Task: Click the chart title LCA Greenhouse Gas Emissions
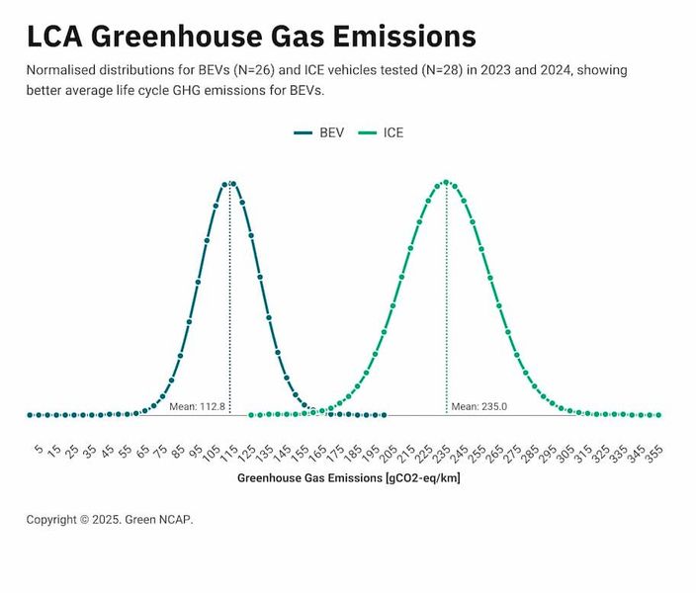pyautogui.click(x=251, y=37)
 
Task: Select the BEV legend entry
pyautogui.click(x=319, y=132)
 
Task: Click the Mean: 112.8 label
pyautogui.click(x=198, y=406)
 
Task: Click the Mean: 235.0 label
pyautogui.click(x=478, y=406)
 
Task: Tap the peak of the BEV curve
pyautogui.click(x=229, y=184)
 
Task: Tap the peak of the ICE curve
pyautogui.click(x=446, y=182)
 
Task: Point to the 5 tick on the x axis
pyautogui.click(x=38, y=451)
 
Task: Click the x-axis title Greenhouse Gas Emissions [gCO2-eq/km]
pyautogui.click(x=348, y=478)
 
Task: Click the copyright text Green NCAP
pyautogui.click(x=110, y=519)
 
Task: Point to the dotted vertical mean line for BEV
pyautogui.click(x=229, y=296)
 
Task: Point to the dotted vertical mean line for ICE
pyautogui.click(x=446, y=296)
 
